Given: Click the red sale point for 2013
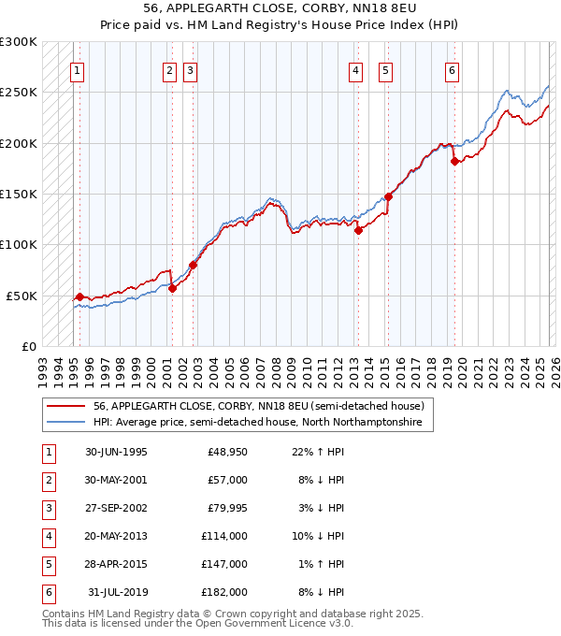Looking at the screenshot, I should point(358,231).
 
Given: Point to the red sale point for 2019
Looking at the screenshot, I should point(454,161).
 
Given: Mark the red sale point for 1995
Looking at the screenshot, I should point(79,296).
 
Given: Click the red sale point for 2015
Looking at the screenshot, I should point(388,197).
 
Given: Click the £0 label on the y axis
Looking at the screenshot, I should point(28,346).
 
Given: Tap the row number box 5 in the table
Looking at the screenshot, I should point(48,564).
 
